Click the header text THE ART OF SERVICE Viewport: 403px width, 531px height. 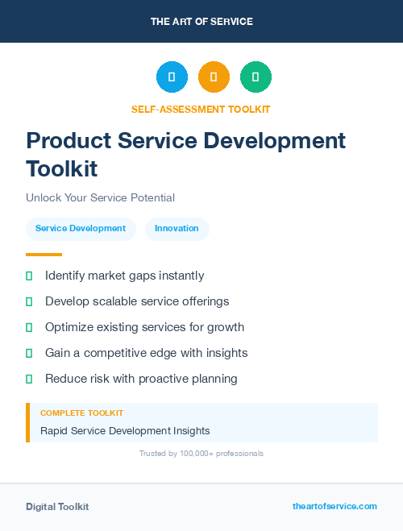(x=201, y=22)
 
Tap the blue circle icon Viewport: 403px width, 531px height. (x=172, y=77)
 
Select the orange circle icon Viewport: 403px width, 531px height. (x=214, y=77)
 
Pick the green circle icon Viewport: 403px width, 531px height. (x=256, y=77)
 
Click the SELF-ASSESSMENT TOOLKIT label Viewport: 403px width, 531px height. (x=201, y=109)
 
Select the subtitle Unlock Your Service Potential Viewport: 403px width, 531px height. (x=100, y=197)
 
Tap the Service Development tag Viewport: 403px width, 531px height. (x=81, y=229)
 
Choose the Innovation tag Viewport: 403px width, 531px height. (x=177, y=229)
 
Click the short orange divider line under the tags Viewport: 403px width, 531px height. (x=44, y=254)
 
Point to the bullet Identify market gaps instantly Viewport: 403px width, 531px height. (x=124, y=276)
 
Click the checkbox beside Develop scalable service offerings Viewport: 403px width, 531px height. (x=29, y=301)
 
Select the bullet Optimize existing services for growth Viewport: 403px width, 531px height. (x=144, y=327)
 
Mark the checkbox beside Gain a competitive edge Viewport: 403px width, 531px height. (x=29, y=353)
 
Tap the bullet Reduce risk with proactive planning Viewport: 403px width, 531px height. (x=141, y=379)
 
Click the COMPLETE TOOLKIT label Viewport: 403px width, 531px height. (x=81, y=413)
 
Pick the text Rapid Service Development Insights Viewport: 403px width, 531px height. (x=125, y=430)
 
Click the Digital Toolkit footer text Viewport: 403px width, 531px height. (x=57, y=507)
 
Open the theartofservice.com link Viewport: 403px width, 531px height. (x=334, y=506)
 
